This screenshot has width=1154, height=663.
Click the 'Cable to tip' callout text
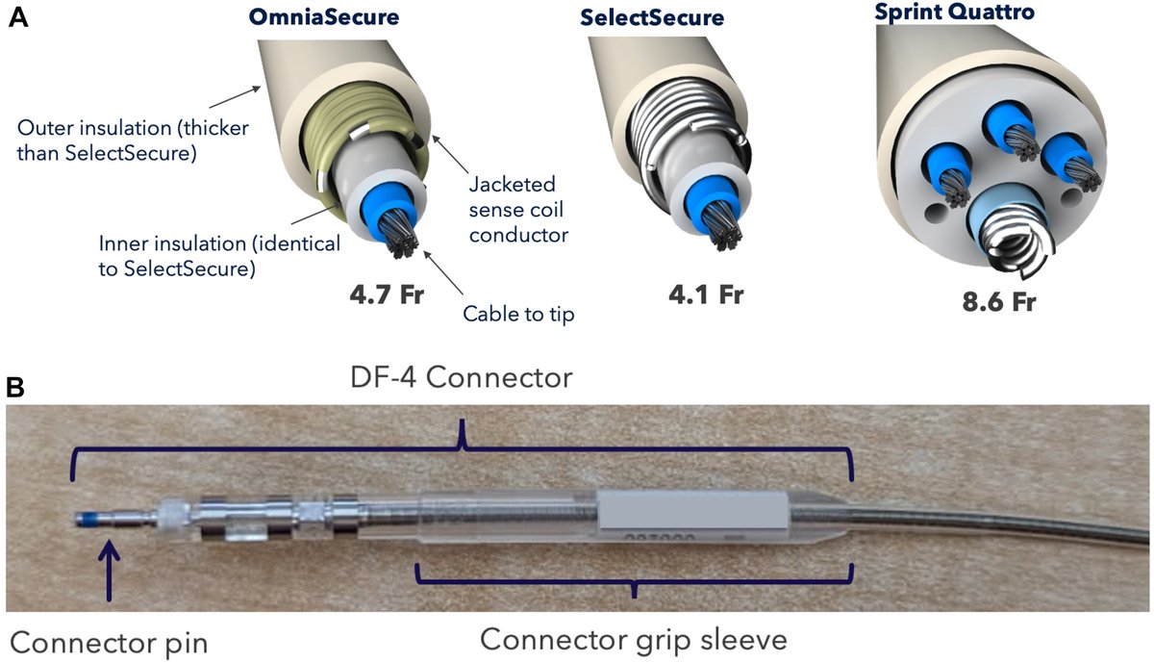click(x=518, y=314)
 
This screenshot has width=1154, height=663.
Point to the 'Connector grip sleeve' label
click(x=634, y=637)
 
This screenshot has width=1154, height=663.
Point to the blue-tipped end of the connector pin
click(x=88, y=521)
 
